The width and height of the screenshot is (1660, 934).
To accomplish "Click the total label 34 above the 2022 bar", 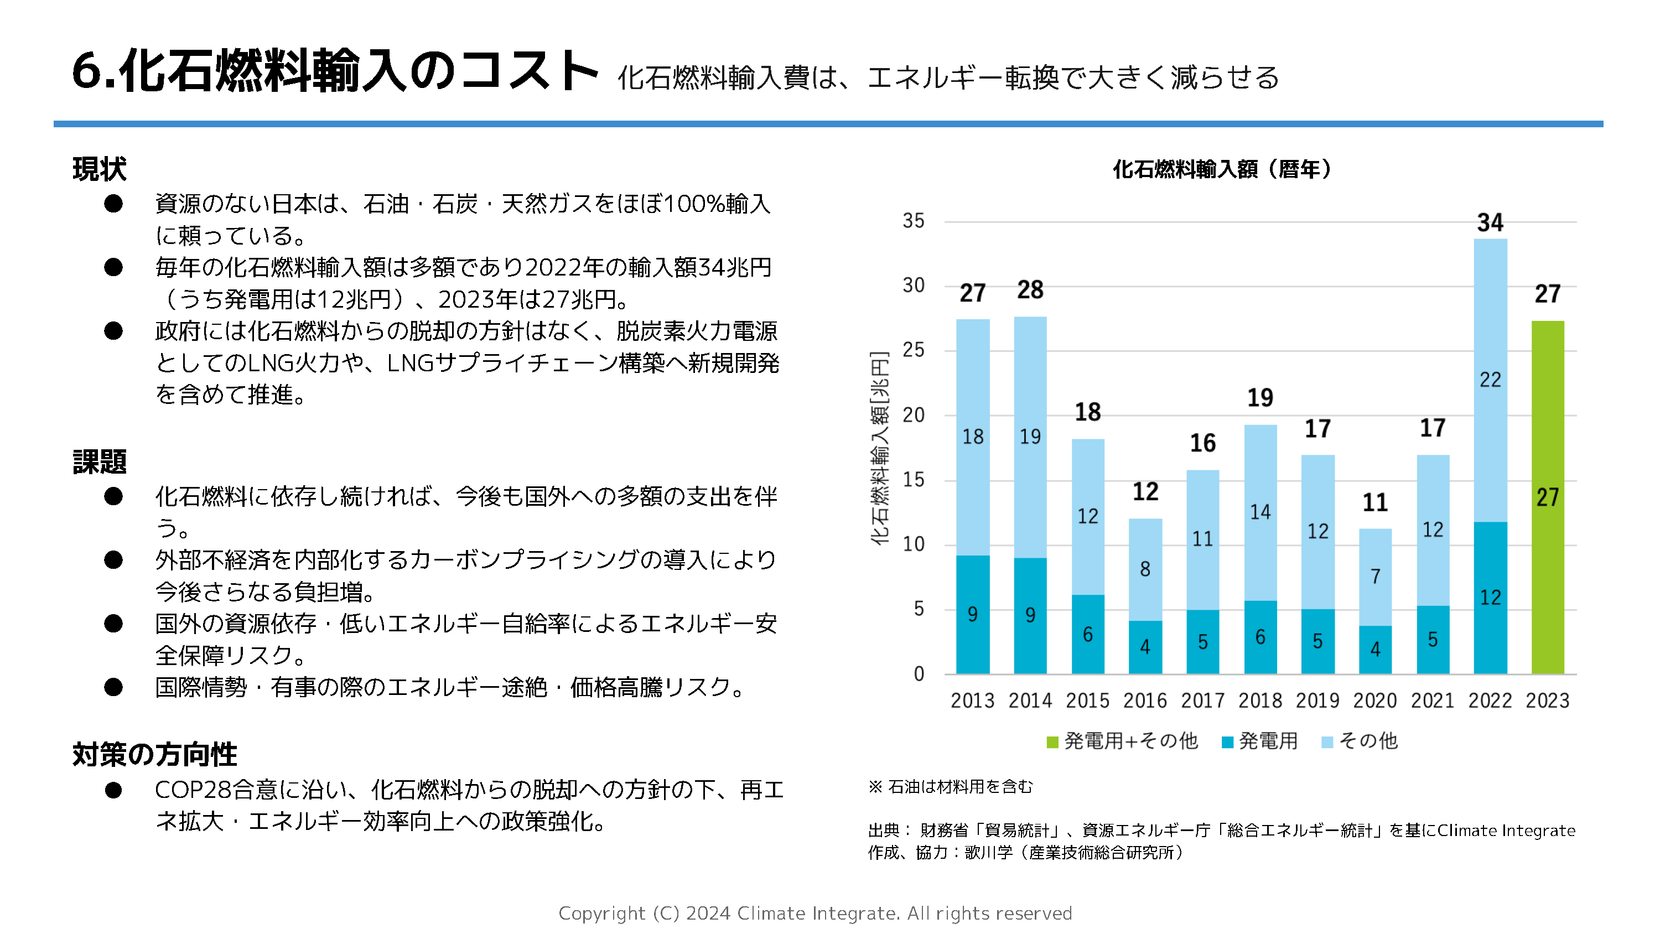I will [1490, 223].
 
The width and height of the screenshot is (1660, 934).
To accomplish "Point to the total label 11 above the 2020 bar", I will [1374, 503].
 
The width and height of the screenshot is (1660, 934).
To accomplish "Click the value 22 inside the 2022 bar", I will [1490, 380].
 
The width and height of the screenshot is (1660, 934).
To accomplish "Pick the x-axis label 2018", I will [1260, 700].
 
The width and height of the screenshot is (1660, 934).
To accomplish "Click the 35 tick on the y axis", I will [913, 221].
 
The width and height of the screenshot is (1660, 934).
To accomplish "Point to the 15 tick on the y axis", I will [913, 480].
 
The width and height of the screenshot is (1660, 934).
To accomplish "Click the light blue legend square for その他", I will [1326, 743].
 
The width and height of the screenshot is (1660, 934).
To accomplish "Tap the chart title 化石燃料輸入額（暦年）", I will [1222, 169].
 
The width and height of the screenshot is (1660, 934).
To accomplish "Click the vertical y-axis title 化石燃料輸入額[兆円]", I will [880, 448].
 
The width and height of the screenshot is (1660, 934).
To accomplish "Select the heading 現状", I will [99, 169].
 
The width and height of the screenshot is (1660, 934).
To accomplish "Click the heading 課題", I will [99, 462].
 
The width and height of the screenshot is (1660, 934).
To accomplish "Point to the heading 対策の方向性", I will [155, 755].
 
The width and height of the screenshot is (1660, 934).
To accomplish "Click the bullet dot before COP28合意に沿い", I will [113, 790].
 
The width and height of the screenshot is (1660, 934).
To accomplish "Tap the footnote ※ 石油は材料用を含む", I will [950, 786].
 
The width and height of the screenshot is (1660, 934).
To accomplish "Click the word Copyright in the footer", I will [601, 914].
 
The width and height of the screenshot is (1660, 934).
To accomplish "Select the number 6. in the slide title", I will [94, 71].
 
